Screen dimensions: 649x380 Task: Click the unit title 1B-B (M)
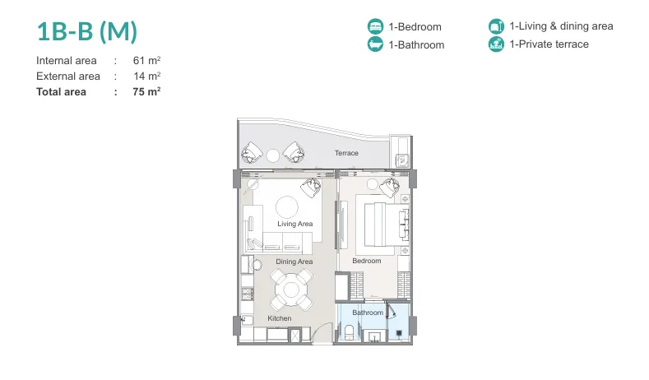pos(87,31)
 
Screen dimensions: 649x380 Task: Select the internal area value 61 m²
pos(146,60)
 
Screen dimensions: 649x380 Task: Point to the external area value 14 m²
pos(147,76)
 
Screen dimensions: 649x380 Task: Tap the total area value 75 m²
pos(146,91)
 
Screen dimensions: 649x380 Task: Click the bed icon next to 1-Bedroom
pos(375,26)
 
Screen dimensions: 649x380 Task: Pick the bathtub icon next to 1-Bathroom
pos(375,44)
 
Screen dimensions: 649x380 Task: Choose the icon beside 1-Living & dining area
pos(496,26)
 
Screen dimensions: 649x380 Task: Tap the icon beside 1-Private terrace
pos(496,44)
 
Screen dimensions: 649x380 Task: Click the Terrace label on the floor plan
pos(346,153)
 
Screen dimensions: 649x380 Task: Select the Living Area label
pos(295,224)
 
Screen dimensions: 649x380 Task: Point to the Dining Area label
pos(294,262)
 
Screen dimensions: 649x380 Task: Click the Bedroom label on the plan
pos(367,261)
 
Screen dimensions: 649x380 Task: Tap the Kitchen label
pos(280,318)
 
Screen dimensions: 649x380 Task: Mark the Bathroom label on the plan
pos(368,313)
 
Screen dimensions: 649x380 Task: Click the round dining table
pos(291,290)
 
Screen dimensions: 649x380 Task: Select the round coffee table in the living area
pos(287,207)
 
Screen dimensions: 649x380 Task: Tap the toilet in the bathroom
pos(349,332)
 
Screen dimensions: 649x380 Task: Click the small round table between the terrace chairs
pos(273,156)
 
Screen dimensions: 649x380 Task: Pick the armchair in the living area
pos(311,187)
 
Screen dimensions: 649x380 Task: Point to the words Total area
pos(61,92)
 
